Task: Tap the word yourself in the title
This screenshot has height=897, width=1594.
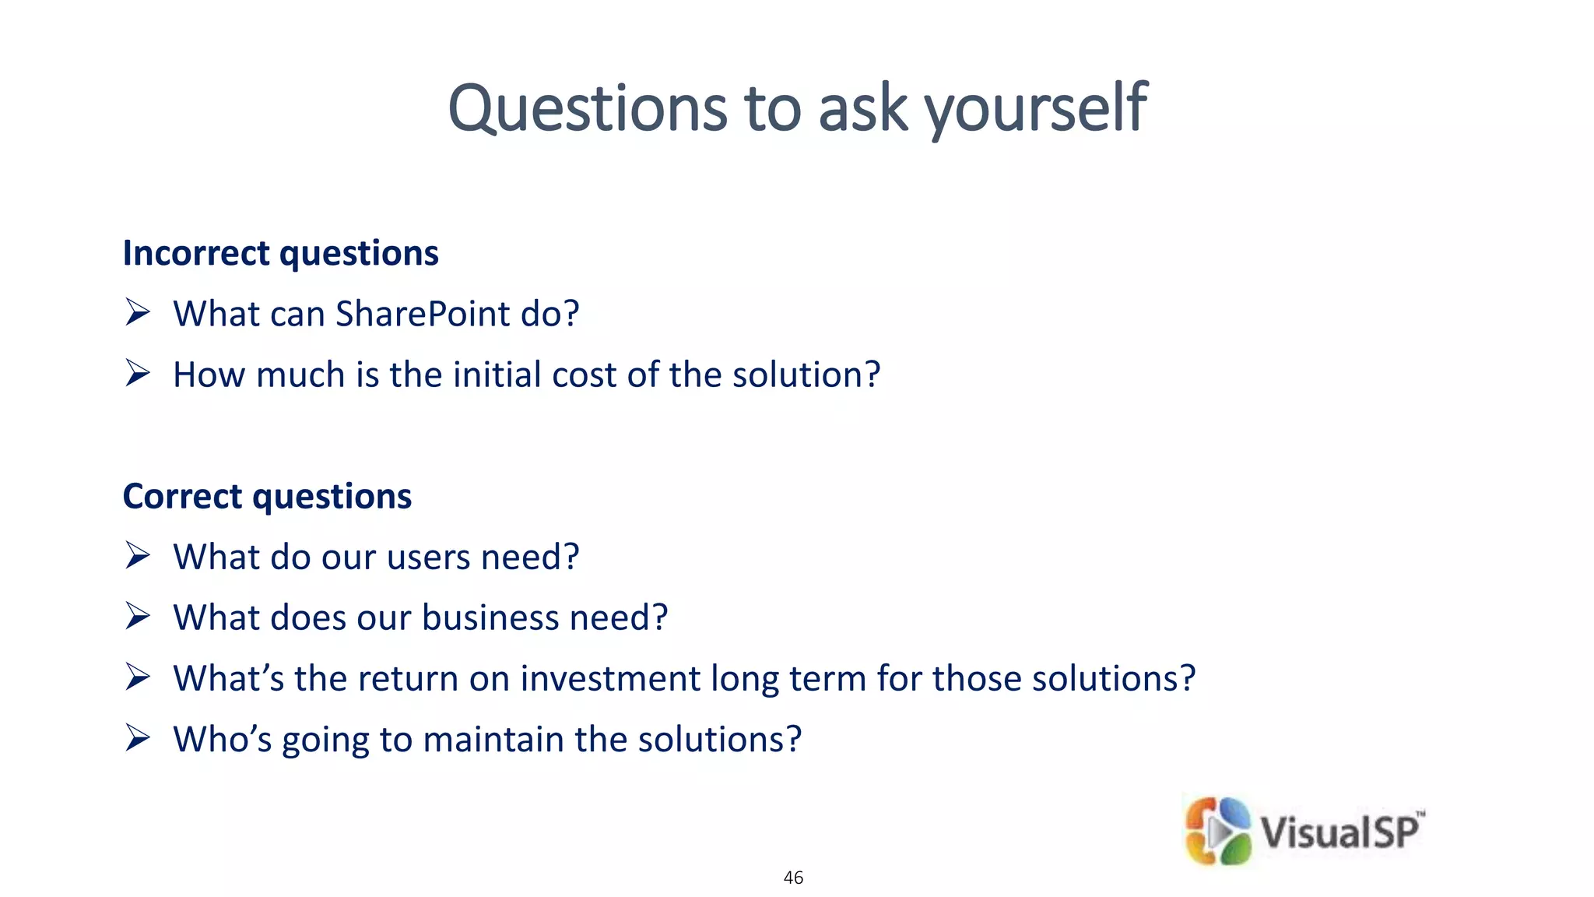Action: click(1036, 109)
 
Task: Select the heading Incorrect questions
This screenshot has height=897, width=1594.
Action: click(280, 254)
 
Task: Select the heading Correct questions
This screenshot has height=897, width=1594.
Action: click(267, 497)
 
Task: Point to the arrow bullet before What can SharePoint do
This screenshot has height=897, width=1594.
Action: click(137, 313)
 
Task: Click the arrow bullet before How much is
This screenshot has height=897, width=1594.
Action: click(137, 374)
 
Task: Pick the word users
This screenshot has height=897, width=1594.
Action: click(428, 558)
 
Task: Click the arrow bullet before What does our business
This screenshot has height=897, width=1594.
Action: click(137, 617)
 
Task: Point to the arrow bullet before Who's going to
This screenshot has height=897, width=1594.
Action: click(137, 738)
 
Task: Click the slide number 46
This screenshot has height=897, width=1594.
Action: click(793, 878)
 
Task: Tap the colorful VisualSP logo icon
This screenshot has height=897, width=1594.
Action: click(1218, 831)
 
